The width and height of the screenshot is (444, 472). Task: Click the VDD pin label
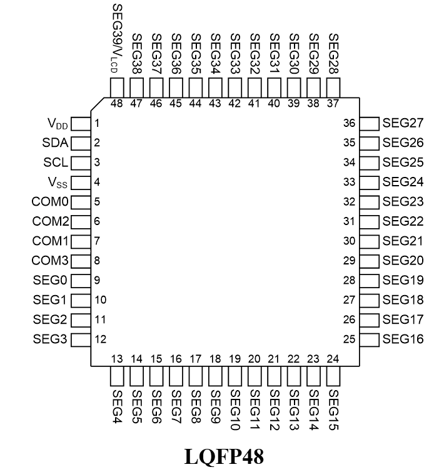pos(58,124)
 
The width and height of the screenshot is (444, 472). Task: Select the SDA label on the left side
pos(55,143)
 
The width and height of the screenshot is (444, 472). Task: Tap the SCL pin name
pos(56,163)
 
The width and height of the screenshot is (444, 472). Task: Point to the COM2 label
pos(51,221)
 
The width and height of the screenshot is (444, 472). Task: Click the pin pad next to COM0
pos(81,203)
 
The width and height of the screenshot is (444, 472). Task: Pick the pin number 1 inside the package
pos(97,123)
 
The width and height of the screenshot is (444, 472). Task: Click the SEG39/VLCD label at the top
pos(117,38)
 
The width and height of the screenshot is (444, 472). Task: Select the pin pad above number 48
pos(117,88)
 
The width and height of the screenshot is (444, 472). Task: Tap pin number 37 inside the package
pos(333,104)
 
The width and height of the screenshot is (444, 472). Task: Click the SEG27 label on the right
pos(403,123)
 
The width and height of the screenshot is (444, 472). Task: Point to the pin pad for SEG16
pos(370,340)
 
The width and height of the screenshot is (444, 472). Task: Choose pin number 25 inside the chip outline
pos(349,339)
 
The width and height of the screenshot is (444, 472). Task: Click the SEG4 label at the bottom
pos(117,406)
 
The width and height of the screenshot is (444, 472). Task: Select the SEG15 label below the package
pos(333,410)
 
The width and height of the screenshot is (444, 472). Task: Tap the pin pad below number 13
pos(117,376)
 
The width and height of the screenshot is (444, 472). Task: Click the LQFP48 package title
pos(224,456)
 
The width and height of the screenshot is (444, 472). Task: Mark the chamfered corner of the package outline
pos(97,104)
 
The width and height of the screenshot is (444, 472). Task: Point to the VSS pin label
pos(58,183)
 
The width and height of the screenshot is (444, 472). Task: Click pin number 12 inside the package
pos(100,339)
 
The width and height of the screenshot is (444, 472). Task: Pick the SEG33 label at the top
pos(235,54)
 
